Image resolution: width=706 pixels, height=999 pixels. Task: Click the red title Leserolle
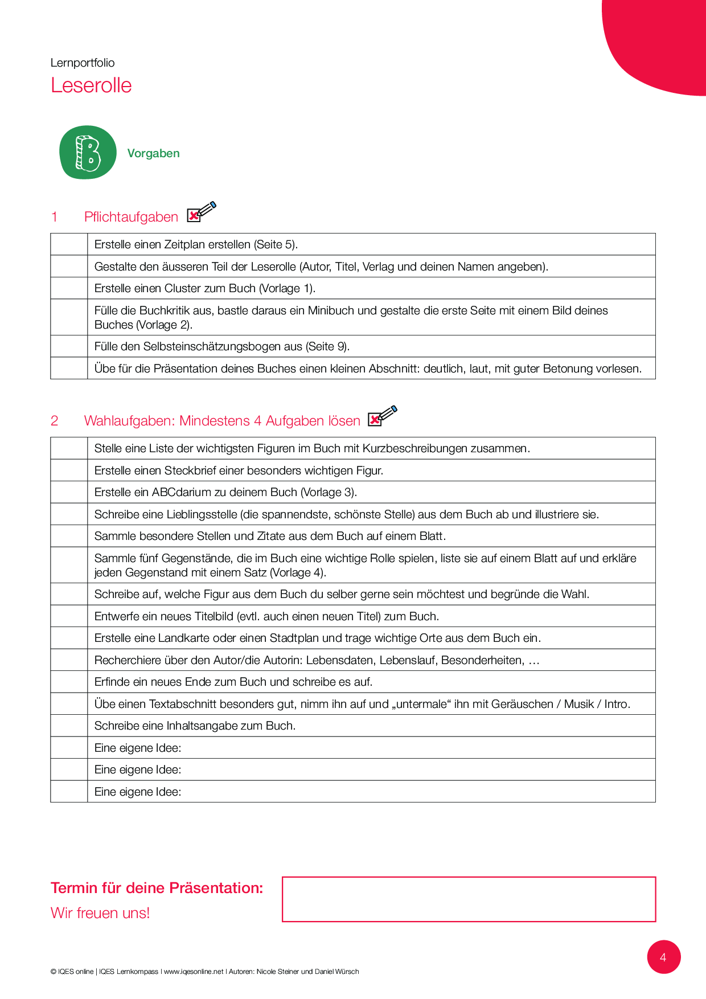coord(91,85)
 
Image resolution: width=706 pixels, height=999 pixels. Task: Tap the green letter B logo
coord(88,153)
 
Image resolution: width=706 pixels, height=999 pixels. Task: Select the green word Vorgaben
coord(153,153)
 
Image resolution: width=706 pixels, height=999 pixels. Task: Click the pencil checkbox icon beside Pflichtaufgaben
coord(201,212)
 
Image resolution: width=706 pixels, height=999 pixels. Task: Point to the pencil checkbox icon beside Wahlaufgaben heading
coord(382,416)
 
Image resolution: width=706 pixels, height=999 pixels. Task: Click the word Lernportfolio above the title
coord(83,63)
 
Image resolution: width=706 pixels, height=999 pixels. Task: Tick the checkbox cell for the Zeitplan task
coord(69,244)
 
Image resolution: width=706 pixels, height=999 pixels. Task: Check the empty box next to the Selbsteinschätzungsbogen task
coord(69,346)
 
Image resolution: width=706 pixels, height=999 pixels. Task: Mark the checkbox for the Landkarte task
coord(69,638)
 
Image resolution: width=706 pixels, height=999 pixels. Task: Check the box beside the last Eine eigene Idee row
coord(69,792)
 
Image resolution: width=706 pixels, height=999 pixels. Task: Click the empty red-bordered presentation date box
coord(469,899)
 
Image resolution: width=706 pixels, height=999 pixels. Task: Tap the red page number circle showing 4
coord(663,957)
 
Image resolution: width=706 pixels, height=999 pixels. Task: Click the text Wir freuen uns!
coord(100,913)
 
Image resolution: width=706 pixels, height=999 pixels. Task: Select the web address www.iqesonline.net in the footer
coord(194,972)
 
